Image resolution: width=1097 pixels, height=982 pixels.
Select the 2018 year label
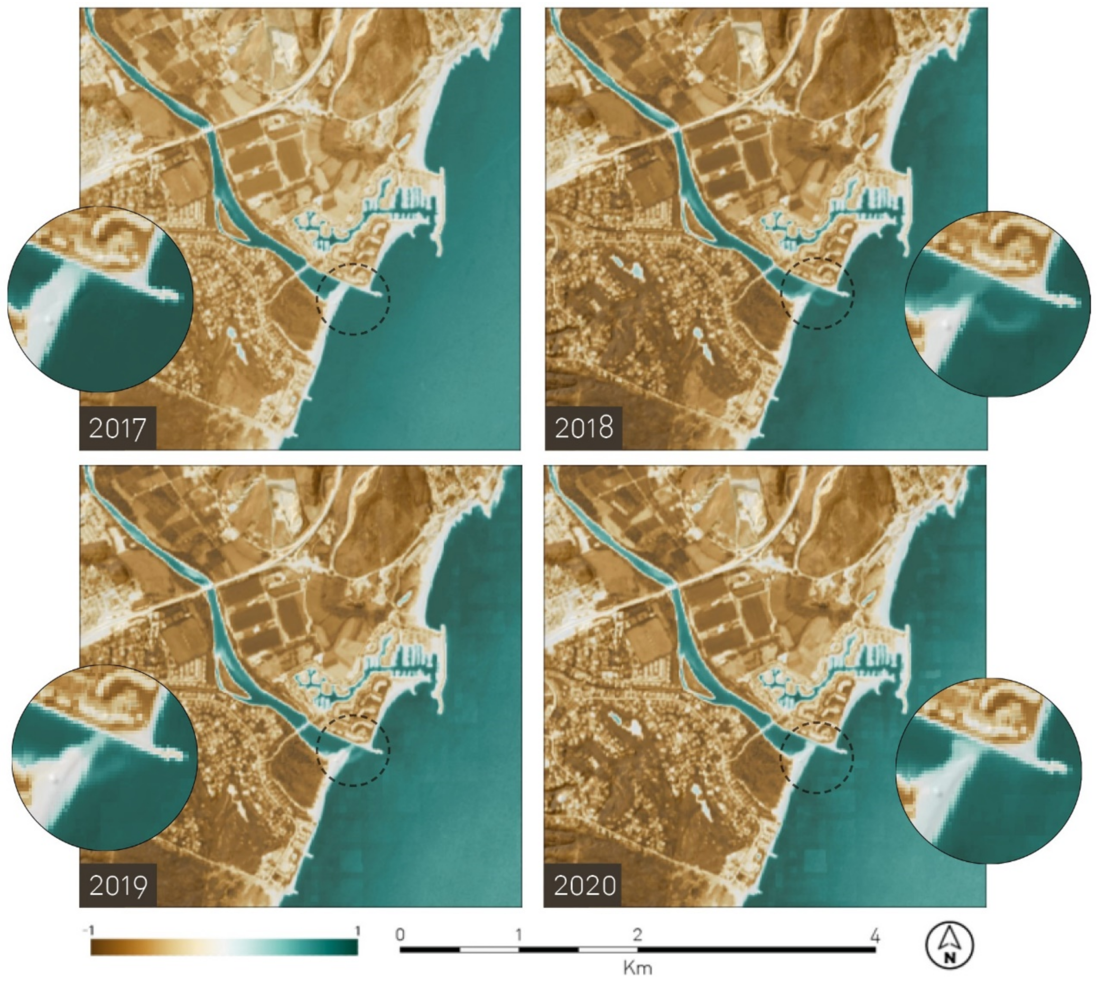point(583,428)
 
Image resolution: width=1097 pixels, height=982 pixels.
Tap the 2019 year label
point(118,885)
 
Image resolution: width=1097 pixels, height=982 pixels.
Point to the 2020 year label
point(583,885)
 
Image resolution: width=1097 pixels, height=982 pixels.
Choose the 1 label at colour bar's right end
point(357,931)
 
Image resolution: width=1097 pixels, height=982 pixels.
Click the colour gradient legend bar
point(224,948)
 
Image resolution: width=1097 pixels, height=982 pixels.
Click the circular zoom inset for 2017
point(100,299)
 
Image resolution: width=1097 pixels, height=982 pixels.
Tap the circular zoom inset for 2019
point(104,757)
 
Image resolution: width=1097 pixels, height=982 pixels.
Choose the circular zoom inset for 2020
point(989,771)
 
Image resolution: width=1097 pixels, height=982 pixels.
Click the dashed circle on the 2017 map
point(353,299)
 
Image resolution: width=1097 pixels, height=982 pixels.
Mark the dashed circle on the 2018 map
point(817,293)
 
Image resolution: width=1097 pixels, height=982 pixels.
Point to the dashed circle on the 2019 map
point(353,750)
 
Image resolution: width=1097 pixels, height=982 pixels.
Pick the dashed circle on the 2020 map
point(817,757)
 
